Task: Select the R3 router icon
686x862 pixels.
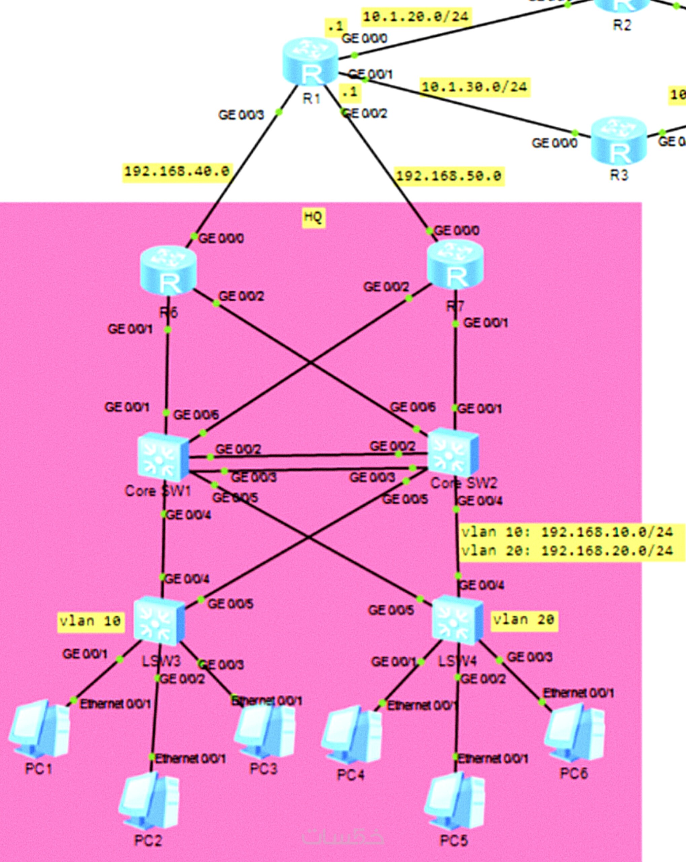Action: [x=618, y=141]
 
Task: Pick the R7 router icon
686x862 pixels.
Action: [x=455, y=264]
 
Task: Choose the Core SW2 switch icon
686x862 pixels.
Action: [x=453, y=452]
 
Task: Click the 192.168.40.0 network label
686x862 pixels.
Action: [x=177, y=171]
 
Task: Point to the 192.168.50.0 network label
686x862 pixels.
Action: [x=449, y=176]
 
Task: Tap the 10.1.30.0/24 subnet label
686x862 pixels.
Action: [x=475, y=87]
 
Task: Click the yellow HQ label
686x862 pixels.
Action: [x=313, y=217]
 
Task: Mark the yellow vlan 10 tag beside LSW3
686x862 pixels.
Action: [x=90, y=621]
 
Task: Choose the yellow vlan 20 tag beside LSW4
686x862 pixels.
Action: [x=523, y=620]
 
